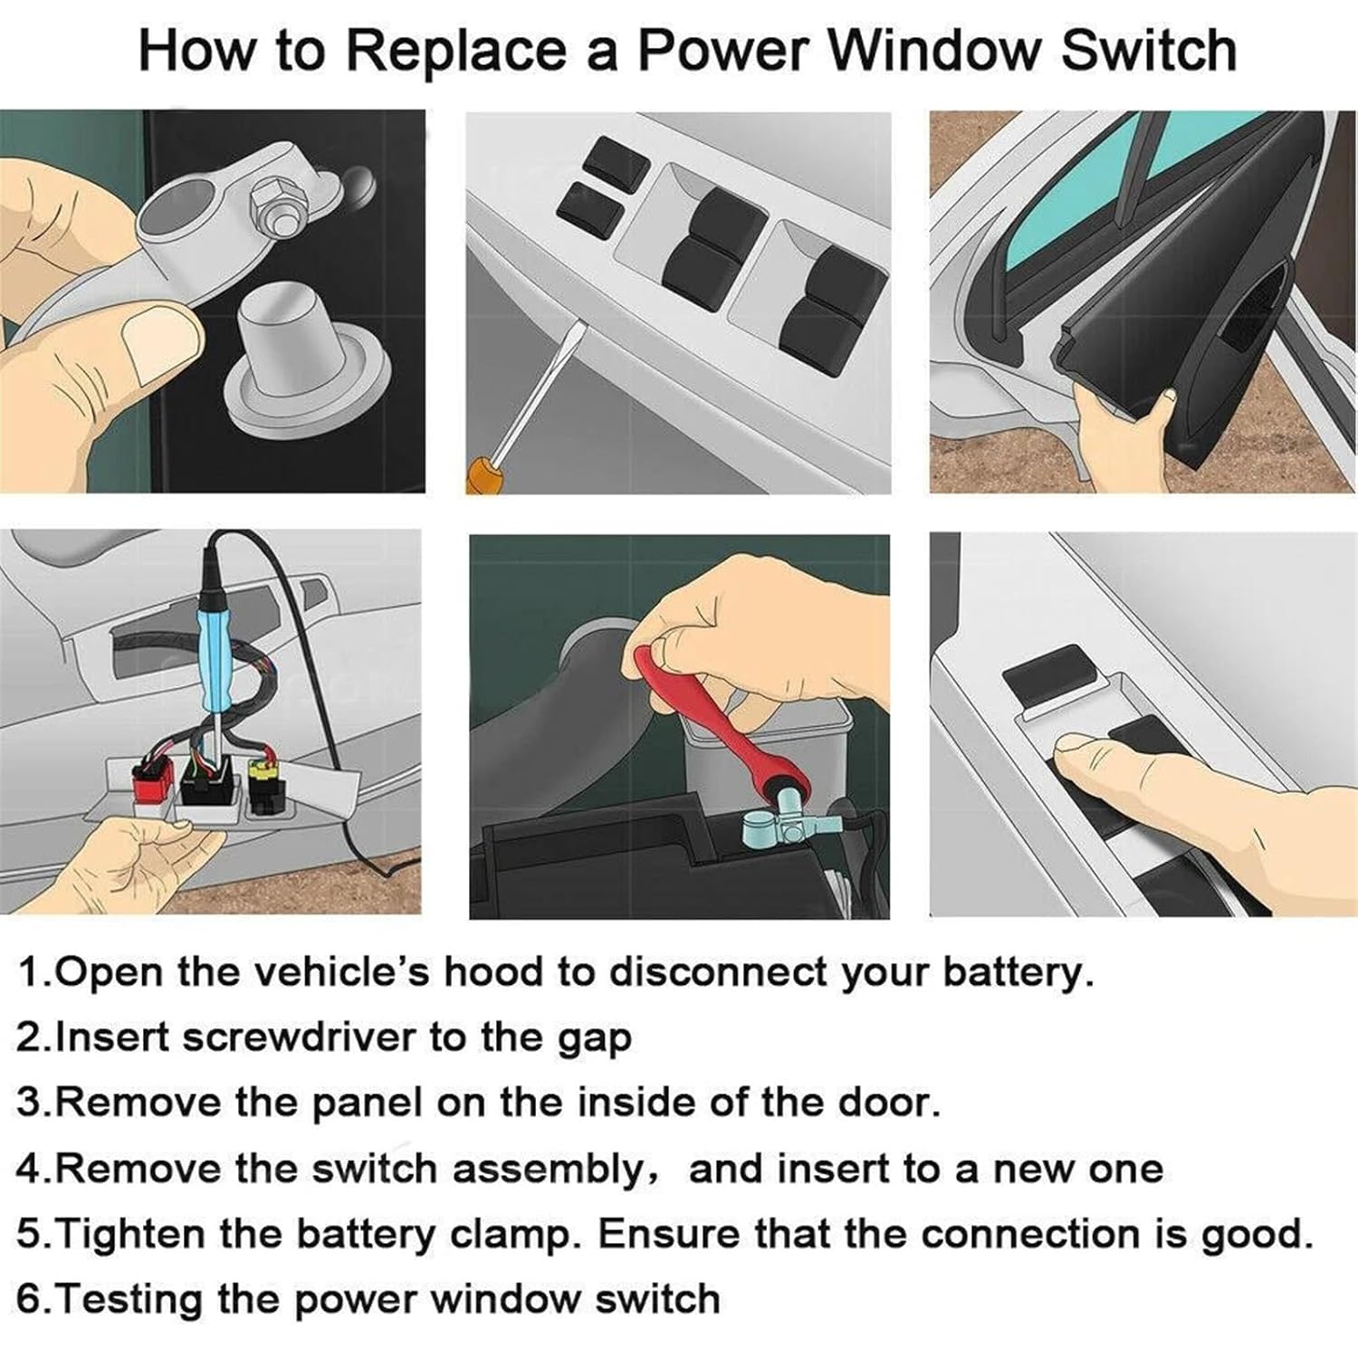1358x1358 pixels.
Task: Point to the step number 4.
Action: [29, 1169]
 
